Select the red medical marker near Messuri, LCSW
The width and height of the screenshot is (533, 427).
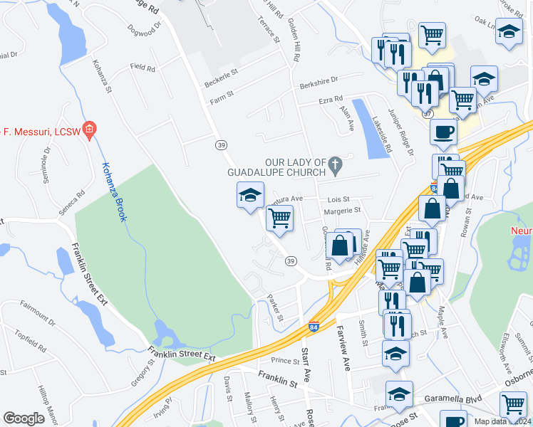point(90,130)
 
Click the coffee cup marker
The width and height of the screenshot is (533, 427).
point(443,132)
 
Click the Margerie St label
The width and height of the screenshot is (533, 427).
point(343,211)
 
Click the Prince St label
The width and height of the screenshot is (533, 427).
point(285,362)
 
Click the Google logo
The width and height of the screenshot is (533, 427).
point(24,418)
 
